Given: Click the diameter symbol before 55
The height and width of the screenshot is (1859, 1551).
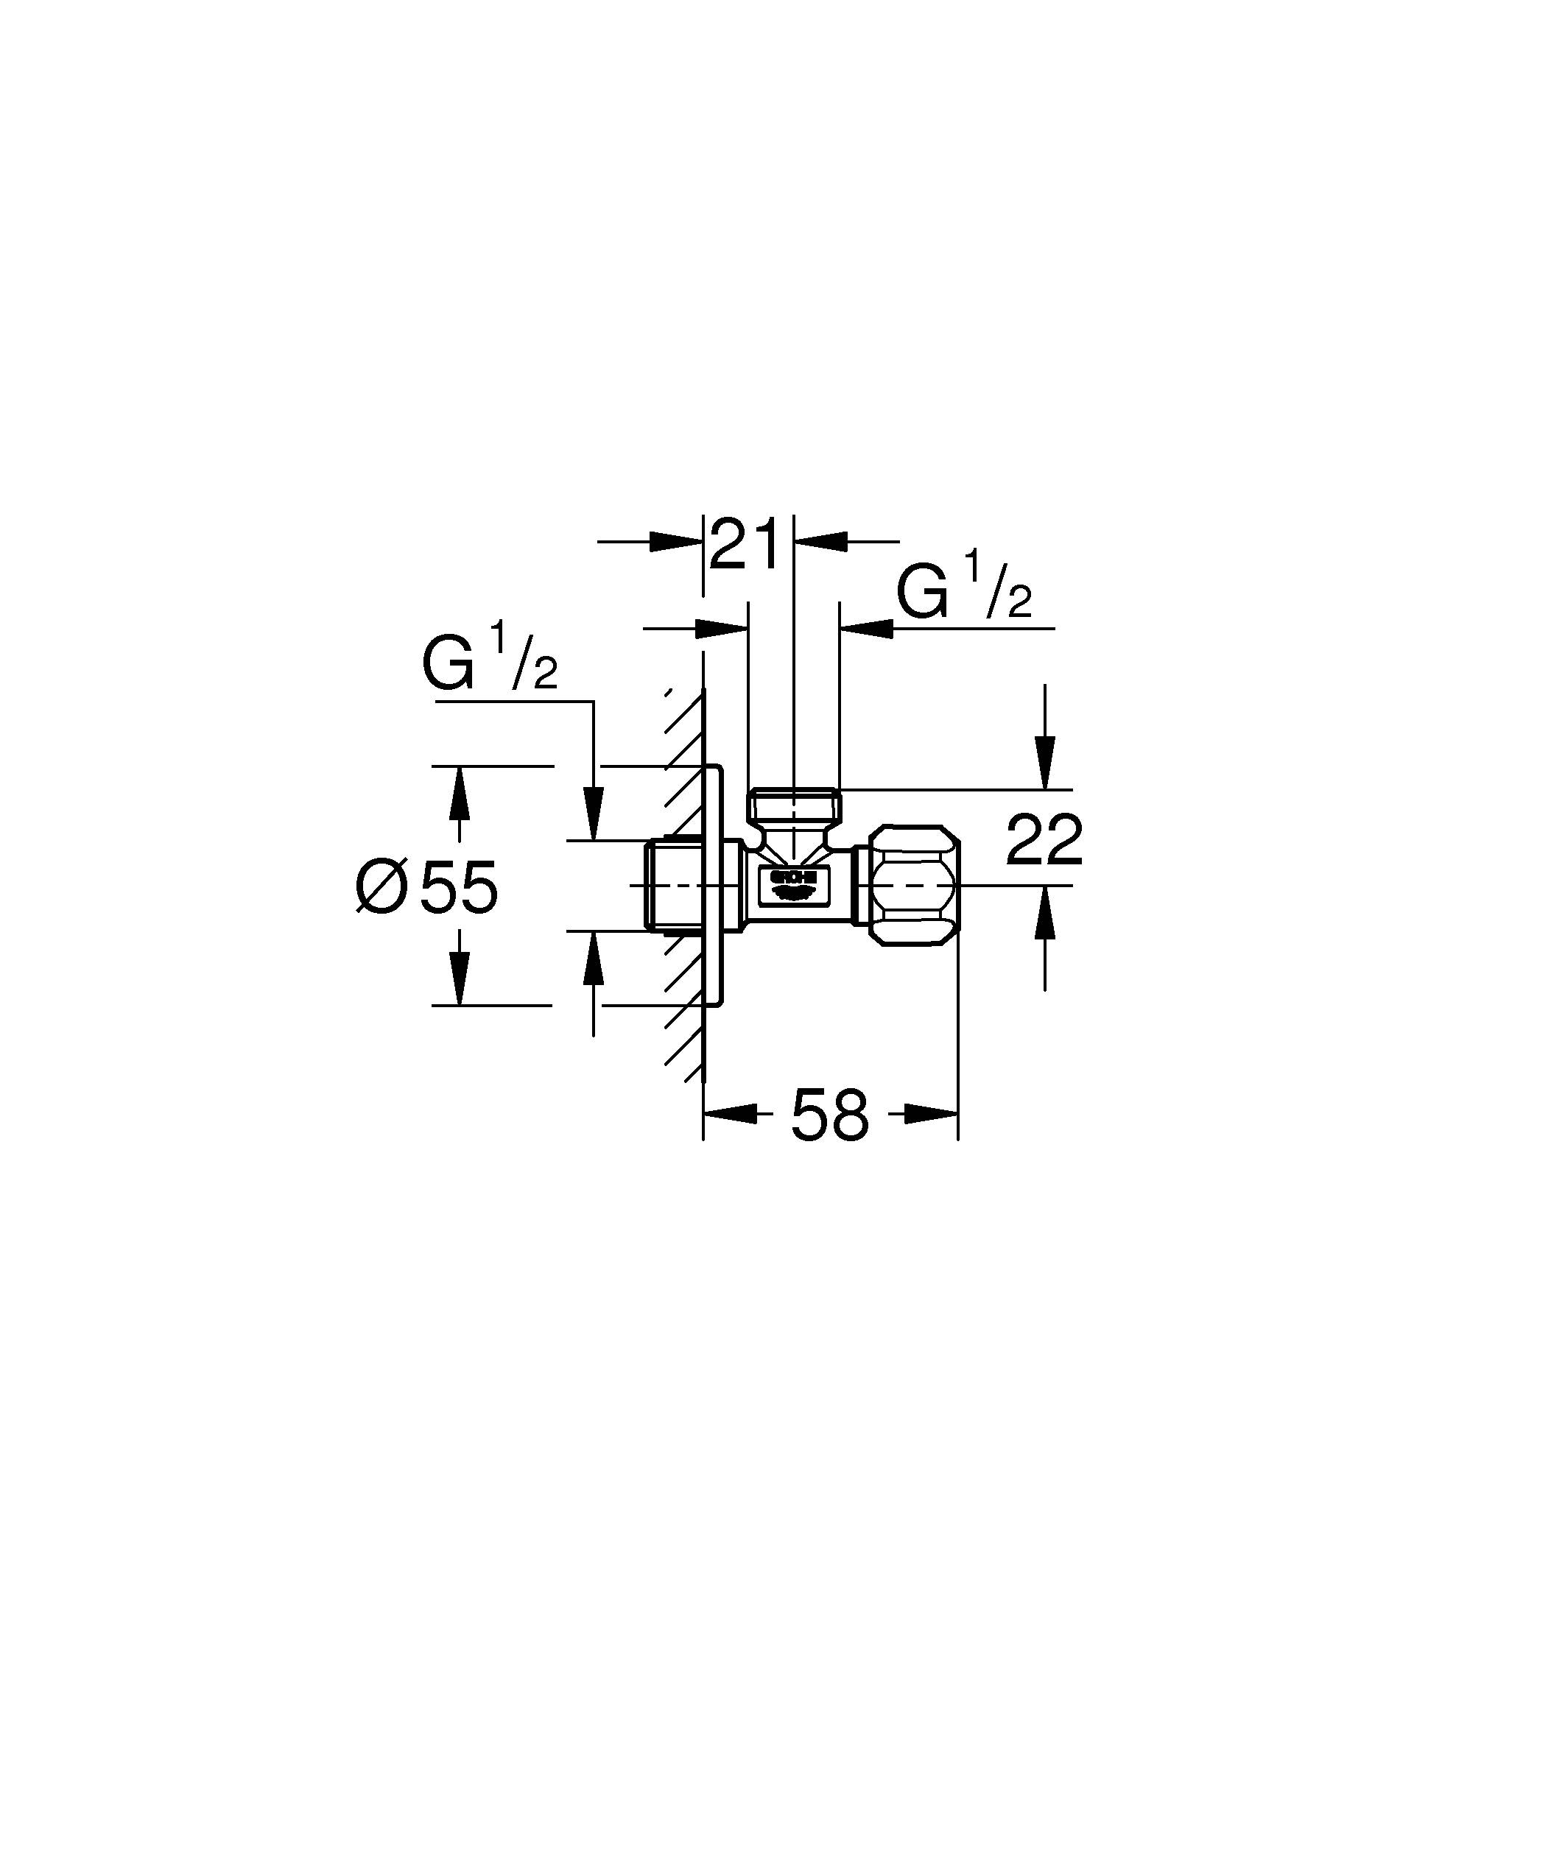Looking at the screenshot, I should [381, 887].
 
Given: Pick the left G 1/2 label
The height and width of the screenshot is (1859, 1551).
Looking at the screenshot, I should [490, 666].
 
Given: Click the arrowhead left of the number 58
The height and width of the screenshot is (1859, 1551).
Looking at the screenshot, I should [731, 1115].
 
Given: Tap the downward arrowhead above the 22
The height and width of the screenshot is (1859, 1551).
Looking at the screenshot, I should [1046, 762].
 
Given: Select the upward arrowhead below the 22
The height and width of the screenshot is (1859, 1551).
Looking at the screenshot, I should [1046, 911].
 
